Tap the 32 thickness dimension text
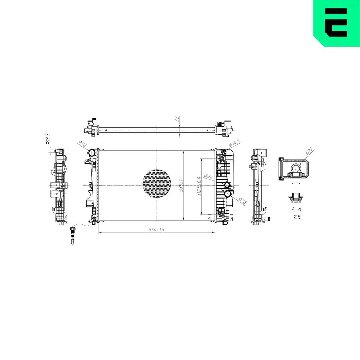[x=176, y=119]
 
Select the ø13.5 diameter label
[x=48, y=139]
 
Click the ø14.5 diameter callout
[x=235, y=143]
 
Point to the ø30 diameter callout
[x=208, y=176]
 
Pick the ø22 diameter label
[x=310, y=151]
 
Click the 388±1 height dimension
[x=181, y=185]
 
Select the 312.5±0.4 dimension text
[x=199, y=186]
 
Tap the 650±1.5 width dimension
[x=156, y=229]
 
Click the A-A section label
[x=296, y=209]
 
